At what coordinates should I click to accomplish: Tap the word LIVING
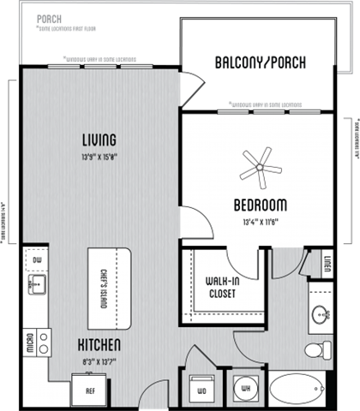tap(99, 140)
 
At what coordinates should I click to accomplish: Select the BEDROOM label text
tap(260, 205)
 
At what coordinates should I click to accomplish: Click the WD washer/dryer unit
tap(202, 388)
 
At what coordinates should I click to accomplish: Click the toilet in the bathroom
tap(322, 350)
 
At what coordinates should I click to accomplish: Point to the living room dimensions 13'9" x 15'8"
tap(99, 156)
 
